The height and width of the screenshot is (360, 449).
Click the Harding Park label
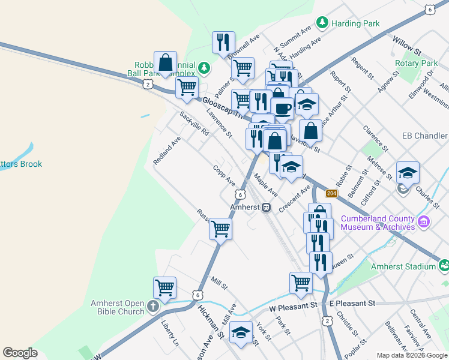click(x=355, y=23)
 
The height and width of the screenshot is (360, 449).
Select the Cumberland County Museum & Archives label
click(x=378, y=223)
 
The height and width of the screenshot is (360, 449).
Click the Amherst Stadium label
click(x=403, y=266)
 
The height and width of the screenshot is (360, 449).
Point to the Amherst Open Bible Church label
click(x=118, y=307)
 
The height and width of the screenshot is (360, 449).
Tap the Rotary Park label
click(x=416, y=63)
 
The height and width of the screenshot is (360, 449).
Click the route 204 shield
click(x=331, y=193)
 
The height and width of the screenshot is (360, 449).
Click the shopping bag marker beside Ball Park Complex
click(x=165, y=62)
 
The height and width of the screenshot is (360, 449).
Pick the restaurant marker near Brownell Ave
click(x=223, y=43)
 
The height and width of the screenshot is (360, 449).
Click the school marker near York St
click(x=241, y=333)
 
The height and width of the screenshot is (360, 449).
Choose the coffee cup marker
click(x=282, y=109)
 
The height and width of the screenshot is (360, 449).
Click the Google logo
click(x=20, y=353)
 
